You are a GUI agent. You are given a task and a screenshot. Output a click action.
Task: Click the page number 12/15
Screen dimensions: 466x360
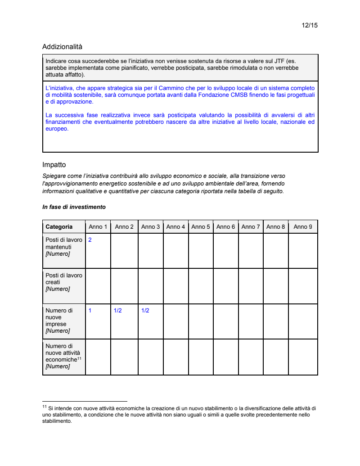310,25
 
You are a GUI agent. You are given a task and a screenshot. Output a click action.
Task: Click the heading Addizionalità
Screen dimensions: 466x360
62,46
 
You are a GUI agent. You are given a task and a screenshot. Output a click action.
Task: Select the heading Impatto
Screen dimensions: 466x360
54,165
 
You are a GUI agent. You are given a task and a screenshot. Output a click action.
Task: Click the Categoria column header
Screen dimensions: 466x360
59,226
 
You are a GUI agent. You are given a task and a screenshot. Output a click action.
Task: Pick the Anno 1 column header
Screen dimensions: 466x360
98,226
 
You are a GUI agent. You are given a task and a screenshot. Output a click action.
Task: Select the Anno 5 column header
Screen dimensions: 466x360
201,226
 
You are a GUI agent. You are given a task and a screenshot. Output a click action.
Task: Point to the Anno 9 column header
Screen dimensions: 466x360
303,226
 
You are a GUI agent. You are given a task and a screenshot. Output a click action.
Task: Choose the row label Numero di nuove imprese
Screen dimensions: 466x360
59,321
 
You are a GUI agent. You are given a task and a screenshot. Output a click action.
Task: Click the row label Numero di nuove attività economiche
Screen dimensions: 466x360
63,356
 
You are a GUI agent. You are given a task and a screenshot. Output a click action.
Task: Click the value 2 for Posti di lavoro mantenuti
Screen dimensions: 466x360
90,240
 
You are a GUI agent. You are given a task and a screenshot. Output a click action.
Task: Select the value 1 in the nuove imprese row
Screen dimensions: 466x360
90,311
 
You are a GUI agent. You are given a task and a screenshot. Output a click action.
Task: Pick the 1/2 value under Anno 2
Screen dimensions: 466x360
117,311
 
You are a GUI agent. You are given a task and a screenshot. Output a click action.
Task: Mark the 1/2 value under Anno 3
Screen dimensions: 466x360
145,311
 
